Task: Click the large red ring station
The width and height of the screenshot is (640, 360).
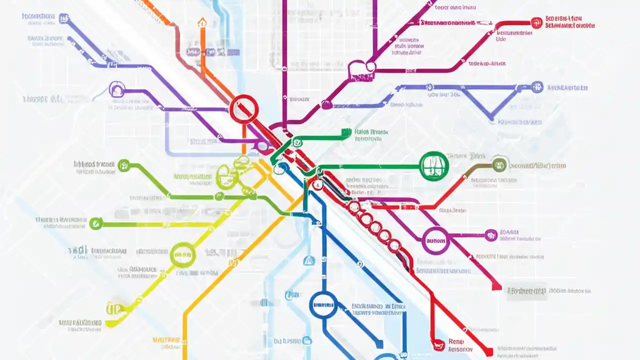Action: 244,109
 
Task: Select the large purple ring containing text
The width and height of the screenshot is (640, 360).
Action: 435,241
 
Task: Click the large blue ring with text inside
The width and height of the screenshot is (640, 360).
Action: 323,305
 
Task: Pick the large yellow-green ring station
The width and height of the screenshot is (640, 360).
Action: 183,254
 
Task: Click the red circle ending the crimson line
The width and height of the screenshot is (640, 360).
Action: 536,22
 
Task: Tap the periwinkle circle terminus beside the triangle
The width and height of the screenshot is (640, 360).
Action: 537,87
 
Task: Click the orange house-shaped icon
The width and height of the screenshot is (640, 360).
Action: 202,22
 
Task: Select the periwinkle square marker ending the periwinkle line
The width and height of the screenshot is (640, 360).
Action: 63,19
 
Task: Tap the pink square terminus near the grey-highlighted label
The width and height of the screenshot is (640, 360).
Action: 496,286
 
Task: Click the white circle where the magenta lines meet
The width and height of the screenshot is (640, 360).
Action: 371,66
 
